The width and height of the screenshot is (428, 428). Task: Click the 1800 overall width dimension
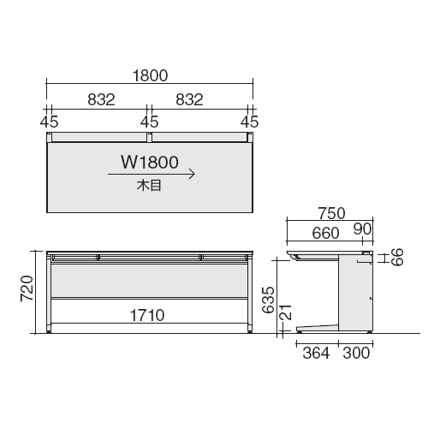click(x=151, y=76)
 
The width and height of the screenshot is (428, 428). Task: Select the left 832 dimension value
click(x=101, y=99)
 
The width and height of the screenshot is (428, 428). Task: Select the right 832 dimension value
click(x=189, y=99)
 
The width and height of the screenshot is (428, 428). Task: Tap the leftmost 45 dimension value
click(x=49, y=122)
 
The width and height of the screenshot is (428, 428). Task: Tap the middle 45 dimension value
click(x=150, y=122)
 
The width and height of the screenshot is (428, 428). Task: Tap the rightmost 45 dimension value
click(x=250, y=122)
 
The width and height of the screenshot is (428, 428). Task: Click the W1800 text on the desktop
click(x=150, y=162)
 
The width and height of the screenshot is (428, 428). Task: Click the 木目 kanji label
click(x=149, y=186)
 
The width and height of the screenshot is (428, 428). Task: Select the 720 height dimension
click(x=27, y=288)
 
